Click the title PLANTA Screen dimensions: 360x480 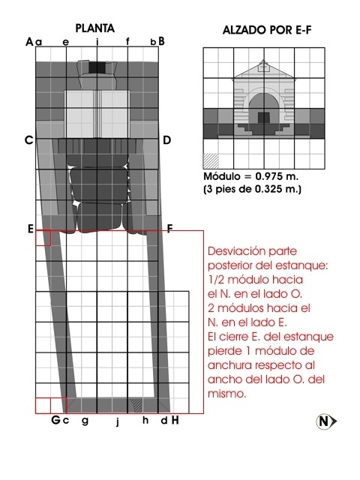pyautogui.click(x=95, y=28)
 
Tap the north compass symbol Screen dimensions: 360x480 pyautogui.click(x=324, y=421)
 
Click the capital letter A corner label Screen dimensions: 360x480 pyautogui.click(x=29, y=41)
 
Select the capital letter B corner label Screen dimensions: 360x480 pyautogui.click(x=161, y=41)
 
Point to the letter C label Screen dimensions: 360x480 pyautogui.click(x=28, y=140)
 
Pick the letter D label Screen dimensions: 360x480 pyautogui.click(x=166, y=140)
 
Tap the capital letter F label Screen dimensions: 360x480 pyautogui.click(x=170, y=229)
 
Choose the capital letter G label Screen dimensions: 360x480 pyautogui.click(x=55, y=420)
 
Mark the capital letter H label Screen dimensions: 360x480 pyautogui.click(x=175, y=420)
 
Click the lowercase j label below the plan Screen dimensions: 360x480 pyautogui.click(x=118, y=421)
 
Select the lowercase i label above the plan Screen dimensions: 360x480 pyautogui.click(x=97, y=42)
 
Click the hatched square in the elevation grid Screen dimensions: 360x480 pyautogui.click(x=211, y=160)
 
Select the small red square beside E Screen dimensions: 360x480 pyautogui.click(x=43, y=238)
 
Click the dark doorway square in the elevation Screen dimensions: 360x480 pyautogui.click(x=263, y=118)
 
